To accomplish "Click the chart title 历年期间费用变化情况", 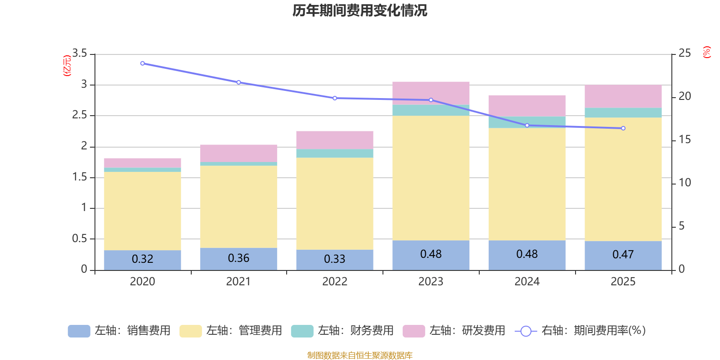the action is click(x=360, y=11).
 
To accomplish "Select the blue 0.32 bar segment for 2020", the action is click(x=142, y=260).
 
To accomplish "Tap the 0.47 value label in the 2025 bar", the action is click(x=623, y=255).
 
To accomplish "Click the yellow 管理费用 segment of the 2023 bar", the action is click(x=431, y=178).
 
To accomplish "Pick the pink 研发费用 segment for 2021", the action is click(x=238, y=153).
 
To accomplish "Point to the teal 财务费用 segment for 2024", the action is click(x=527, y=122).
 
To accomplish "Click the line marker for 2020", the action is click(x=142, y=63).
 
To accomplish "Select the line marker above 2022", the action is click(x=335, y=98).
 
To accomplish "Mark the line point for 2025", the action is click(x=623, y=128).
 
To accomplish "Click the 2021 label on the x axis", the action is click(x=238, y=282).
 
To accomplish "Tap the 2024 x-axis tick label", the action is click(x=527, y=282).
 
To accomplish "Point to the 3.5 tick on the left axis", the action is click(x=79, y=53).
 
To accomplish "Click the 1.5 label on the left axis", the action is click(x=79, y=177).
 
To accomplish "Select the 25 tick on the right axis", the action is click(x=684, y=53).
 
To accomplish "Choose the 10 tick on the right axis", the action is click(x=684, y=183).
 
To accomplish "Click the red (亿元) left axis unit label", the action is click(x=67, y=66).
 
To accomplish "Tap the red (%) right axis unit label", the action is click(x=706, y=52).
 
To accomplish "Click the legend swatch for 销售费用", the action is click(x=79, y=331).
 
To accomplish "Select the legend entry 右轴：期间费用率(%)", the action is click(x=580, y=331).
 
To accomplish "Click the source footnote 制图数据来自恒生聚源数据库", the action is click(x=360, y=355).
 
